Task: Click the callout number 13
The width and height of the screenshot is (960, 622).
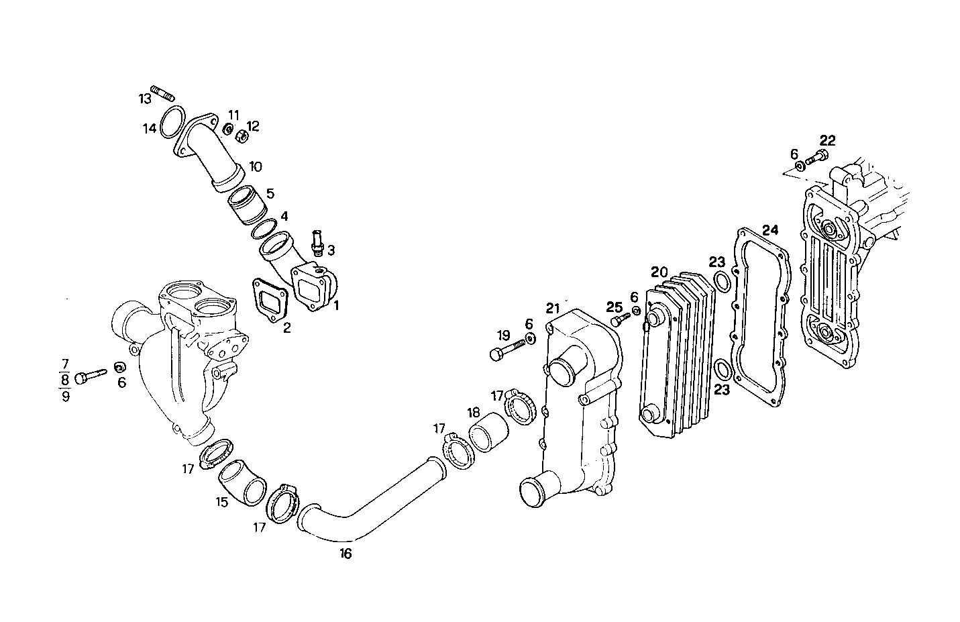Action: coord(146,99)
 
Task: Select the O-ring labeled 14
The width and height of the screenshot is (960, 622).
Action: coord(172,121)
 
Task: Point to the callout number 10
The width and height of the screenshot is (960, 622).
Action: coord(256,166)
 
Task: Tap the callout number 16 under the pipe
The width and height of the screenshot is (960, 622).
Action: coord(345,554)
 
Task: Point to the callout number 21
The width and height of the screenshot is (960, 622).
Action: coord(552,308)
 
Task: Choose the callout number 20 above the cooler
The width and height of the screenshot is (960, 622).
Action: coord(659,272)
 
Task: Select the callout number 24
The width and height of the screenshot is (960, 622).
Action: coord(770,229)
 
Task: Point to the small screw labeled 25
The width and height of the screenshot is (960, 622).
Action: coord(619,321)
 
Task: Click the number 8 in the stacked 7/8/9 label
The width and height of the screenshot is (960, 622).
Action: coord(64,378)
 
